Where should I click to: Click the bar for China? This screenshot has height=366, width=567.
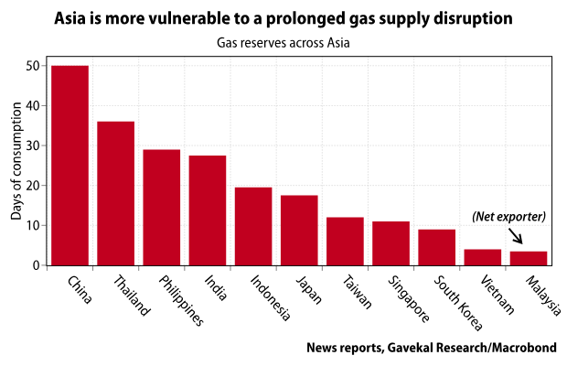70,166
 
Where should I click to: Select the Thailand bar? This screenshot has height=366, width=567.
115,193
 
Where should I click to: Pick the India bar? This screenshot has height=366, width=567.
208,210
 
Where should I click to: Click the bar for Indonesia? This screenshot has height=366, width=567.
253,226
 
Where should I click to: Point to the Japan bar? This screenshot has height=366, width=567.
299,231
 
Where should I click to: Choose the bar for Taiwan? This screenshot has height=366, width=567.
345,242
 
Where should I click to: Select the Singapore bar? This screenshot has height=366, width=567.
390,243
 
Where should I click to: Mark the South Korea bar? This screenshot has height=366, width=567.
436,247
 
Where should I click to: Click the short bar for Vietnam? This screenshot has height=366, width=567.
483,257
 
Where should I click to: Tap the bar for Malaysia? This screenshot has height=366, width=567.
529,258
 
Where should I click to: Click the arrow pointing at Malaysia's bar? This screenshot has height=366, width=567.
516,237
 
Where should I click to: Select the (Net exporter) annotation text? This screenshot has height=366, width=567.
508,217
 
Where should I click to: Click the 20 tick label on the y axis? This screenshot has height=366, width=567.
34,186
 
